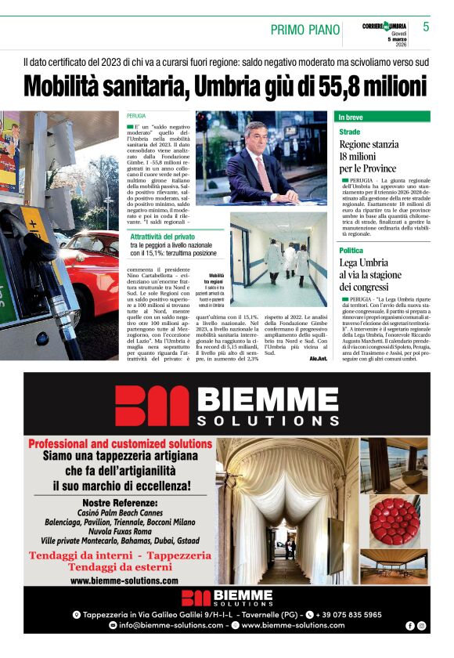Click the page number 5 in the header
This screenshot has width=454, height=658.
(x=426, y=27)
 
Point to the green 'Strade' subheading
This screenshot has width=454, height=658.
(x=350, y=132)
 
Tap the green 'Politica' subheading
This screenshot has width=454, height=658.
(x=351, y=251)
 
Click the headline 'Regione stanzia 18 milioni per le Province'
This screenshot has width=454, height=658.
(x=369, y=156)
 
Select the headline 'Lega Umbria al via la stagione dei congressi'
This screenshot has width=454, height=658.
(x=370, y=275)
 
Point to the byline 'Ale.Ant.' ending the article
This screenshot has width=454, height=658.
(x=318, y=357)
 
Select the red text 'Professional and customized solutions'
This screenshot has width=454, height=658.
(x=120, y=443)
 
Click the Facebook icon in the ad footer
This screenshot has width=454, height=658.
(x=410, y=626)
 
